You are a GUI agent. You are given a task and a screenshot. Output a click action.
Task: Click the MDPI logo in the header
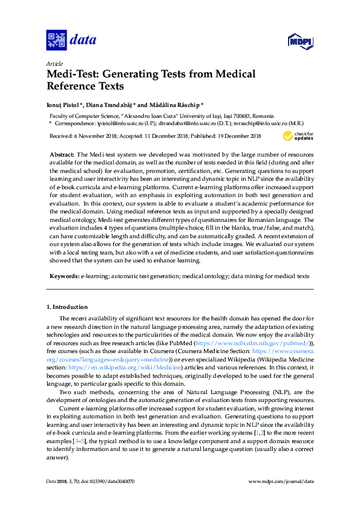point(300,41)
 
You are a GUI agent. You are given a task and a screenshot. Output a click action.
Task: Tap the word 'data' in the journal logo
point(83,41)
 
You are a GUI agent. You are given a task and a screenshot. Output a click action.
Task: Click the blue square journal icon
point(56,41)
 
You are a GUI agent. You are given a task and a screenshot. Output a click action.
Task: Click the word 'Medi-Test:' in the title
point(72,74)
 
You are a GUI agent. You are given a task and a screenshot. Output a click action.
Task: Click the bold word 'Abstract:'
point(62,155)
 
